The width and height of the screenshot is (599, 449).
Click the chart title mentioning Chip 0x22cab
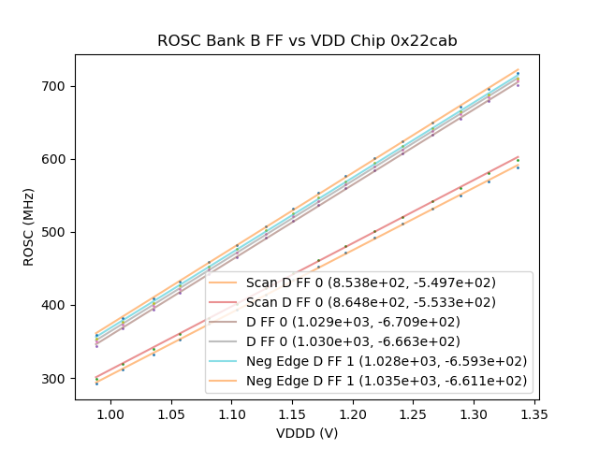(x=306, y=40)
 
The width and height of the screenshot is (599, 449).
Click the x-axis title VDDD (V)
(x=306, y=433)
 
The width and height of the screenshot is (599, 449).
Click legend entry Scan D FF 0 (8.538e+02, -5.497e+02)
(x=371, y=282)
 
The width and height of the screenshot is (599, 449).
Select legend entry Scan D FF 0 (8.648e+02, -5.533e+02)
(x=371, y=302)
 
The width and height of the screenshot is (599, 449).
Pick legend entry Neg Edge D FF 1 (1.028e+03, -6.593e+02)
(x=387, y=361)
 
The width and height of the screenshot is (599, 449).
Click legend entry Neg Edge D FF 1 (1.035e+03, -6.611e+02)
(x=387, y=381)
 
